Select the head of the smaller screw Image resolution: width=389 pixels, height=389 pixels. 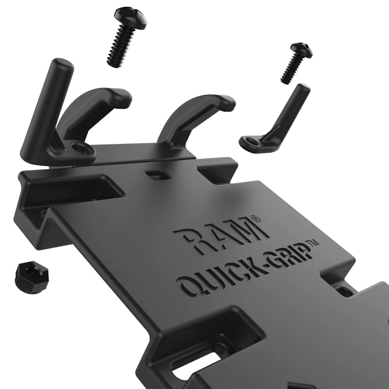pos(301,50)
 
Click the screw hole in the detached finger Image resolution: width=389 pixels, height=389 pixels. pos(251,141)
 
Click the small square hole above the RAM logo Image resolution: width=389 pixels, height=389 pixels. pos(155,174)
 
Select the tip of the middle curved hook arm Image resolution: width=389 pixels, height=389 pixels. pos(227,103)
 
